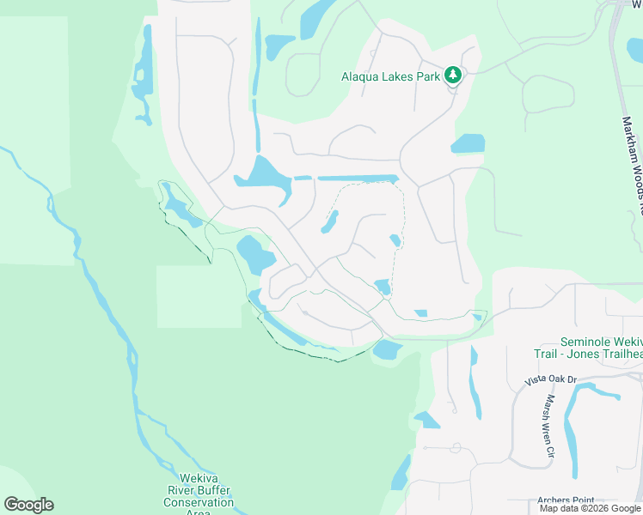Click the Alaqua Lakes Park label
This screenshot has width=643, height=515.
[x=390, y=76]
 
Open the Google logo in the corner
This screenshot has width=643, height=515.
[x=28, y=505]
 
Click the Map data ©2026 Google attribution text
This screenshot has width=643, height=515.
[x=589, y=508]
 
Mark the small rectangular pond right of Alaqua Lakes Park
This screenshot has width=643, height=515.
[x=468, y=143]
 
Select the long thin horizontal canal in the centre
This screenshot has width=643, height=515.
[x=358, y=178]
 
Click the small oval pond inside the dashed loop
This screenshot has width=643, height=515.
[x=329, y=222]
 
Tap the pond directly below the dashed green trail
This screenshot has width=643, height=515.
[x=387, y=349]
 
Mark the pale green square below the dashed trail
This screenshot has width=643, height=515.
[x=199, y=296]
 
